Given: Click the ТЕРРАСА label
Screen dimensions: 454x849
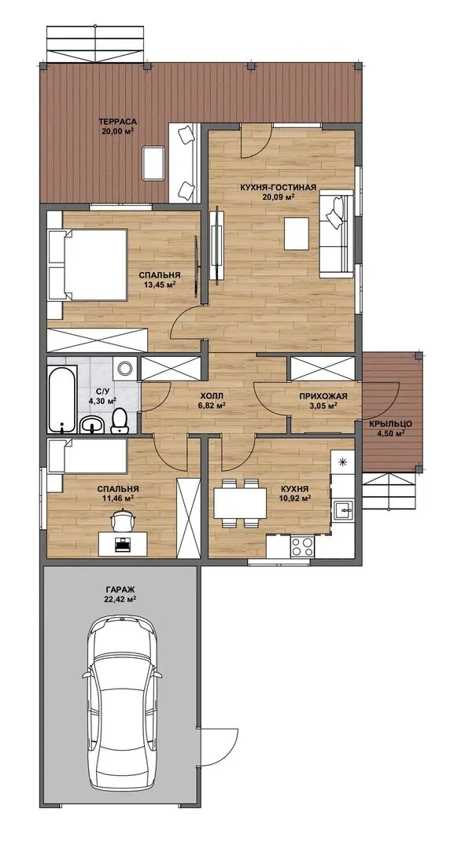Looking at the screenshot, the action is coord(117,121).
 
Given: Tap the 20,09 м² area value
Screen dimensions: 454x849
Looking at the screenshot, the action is coord(278,197).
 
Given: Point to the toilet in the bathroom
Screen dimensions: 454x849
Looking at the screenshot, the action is coord(119,420).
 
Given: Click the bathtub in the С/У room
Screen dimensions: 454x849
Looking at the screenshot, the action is coord(62,399).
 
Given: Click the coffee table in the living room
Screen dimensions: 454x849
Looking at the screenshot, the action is coord(297,233).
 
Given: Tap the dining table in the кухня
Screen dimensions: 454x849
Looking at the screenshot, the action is coord(241,503).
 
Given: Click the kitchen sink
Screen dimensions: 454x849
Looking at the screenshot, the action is coord(344,509).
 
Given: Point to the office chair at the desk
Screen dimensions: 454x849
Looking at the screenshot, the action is coord(123,521).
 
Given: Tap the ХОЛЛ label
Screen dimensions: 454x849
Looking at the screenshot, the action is coord(211,395).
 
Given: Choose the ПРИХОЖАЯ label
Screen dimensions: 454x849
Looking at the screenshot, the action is coord(323,395).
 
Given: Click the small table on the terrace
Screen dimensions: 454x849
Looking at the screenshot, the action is coord(154,163).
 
